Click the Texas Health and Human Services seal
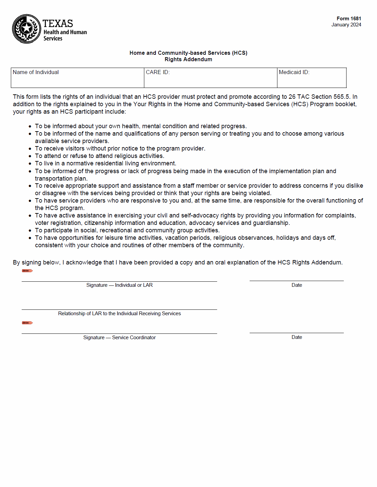point(26,29)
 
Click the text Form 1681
point(349,19)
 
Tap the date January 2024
point(346,25)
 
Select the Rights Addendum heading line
point(188,60)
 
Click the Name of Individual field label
point(36,72)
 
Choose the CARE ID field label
point(158,72)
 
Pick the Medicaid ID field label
point(294,72)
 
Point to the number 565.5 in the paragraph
point(341,97)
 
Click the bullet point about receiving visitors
point(120,148)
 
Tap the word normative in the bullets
point(80,163)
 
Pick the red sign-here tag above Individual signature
point(27,271)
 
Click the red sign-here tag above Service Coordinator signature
point(27,323)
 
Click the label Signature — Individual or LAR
point(119,285)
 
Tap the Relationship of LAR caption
point(119,314)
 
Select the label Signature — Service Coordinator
point(119,338)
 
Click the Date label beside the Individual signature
point(297,285)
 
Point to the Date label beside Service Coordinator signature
point(297,337)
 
